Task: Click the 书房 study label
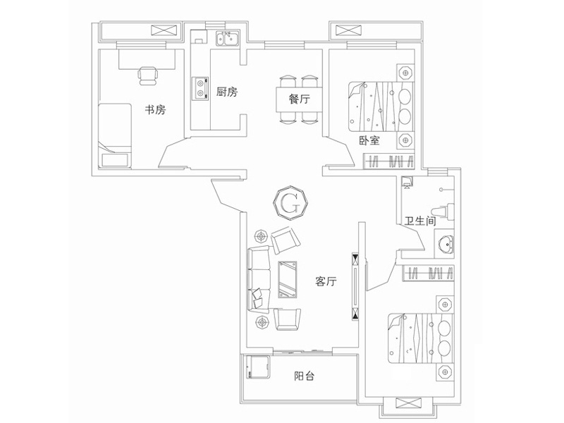[x=155, y=109]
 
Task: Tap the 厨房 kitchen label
[x=227, y=92]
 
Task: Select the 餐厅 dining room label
[x=300, y=99]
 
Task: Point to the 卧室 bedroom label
[x=369, y=140]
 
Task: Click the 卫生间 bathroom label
[x=419, y=221]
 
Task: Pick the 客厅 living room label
[x=326, y=282]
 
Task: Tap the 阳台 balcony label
[x=305, y=376]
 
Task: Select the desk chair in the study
[x=148, y=75]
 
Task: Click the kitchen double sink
[x=227, y=39]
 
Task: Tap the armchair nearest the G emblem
[x=285, y=240]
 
